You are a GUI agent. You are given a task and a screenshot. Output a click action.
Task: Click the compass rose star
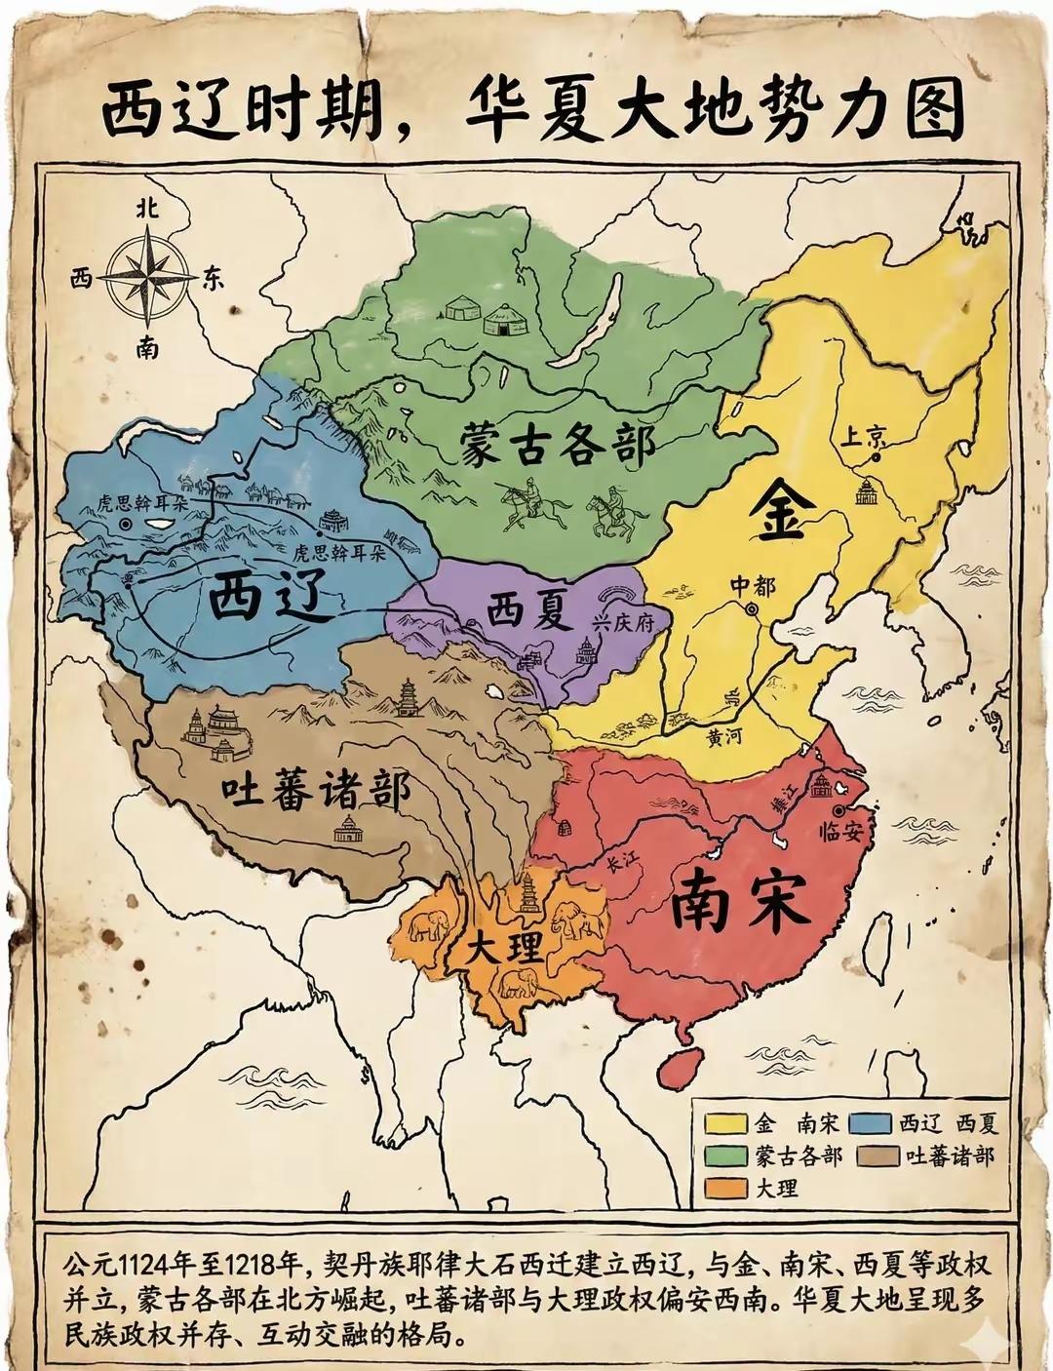(x=148, y=277)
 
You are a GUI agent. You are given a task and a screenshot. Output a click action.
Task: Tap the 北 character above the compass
(x=148, y=208)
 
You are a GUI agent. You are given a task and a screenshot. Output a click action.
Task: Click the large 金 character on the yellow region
(x=777, y=514)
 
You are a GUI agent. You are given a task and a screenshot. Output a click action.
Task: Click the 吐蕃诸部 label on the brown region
(x=313, y=791)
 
